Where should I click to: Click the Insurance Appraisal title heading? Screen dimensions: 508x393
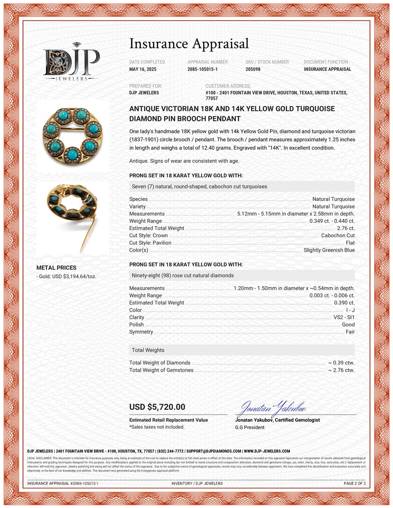pos(189,44)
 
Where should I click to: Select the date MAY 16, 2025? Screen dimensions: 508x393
pos(143,69)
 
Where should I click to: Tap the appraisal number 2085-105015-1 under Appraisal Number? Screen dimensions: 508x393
pos(202,69)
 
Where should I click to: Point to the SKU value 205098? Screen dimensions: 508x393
pos(253,69)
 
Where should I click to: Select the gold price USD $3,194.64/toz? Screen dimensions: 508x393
pos(66,276)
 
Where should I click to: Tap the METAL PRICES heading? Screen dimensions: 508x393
pos(56,268)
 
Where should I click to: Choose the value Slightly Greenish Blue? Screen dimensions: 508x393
pos(329,250)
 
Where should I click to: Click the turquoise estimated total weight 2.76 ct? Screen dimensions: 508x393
pos(345,228)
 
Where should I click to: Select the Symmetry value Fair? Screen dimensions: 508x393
pos(350,332)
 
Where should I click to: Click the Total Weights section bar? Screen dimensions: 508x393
pos(242,350)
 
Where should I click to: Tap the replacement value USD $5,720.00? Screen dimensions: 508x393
pos(157,407)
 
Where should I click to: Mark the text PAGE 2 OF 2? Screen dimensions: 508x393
pos(354,483)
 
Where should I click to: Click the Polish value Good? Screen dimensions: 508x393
pos(348,325)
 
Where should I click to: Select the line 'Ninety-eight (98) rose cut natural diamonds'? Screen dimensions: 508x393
pos(183,276)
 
